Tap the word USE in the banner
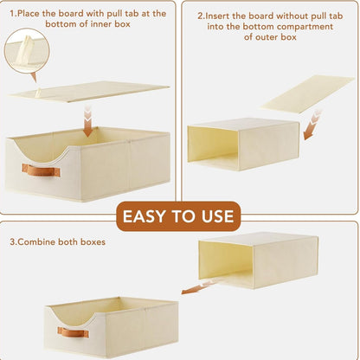pos(218,216)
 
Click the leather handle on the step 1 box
pos(41,170)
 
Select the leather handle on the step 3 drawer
pos(73,332)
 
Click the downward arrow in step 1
pos(88,121)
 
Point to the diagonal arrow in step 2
pos(312,125)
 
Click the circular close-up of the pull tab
pos(27,52)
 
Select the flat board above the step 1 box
pos(89,92)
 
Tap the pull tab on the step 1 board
pos(37,93)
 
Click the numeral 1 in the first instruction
pos(12,14)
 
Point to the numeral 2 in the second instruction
pos(200,16)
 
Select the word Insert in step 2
pos(218,16)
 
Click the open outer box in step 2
pos(243,144)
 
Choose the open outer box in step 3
pos(259,260)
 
